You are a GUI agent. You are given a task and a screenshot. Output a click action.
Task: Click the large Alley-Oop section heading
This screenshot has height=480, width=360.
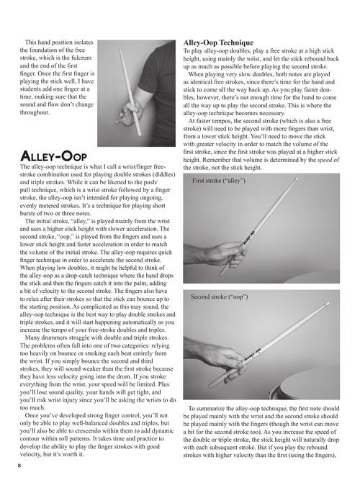53,156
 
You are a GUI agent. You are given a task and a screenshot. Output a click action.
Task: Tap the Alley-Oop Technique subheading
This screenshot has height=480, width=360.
218,42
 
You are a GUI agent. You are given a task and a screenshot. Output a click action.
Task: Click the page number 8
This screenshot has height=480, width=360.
19,466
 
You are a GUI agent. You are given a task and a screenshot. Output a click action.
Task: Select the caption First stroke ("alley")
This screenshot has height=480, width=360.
219,181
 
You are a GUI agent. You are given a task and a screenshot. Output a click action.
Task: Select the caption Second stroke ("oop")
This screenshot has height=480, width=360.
220,296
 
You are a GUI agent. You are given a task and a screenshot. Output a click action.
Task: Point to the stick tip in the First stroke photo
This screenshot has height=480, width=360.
296,178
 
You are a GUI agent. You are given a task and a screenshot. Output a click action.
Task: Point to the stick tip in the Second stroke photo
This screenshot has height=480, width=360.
327,304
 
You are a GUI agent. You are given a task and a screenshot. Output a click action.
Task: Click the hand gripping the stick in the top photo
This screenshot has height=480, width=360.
130,113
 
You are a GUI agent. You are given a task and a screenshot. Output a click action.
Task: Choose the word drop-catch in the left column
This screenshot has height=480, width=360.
96,275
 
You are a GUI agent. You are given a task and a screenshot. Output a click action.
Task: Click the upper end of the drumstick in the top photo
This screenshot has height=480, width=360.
119,48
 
